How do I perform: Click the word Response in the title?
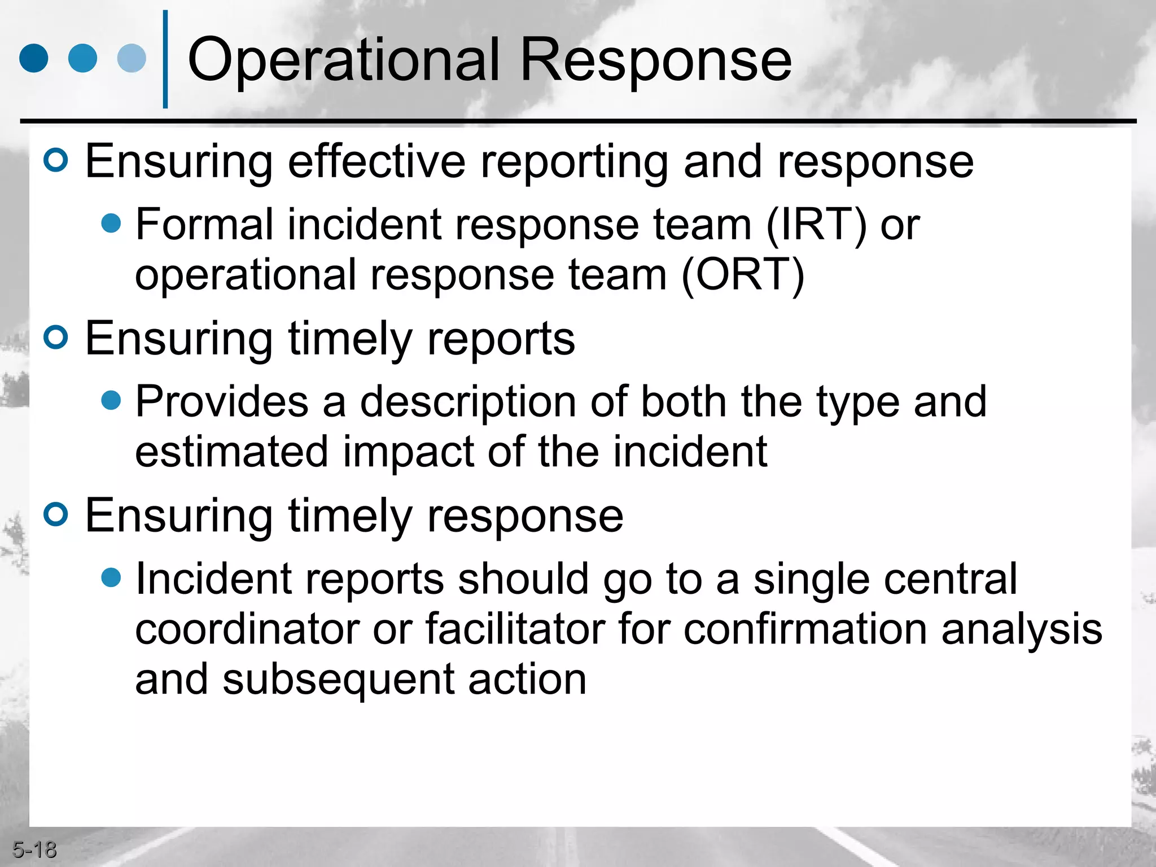[655, 59]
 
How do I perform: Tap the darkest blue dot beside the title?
[34, 58]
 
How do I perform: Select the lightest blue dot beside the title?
[132, 58]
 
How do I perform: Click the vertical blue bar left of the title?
[165, 59]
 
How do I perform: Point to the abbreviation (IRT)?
[816, 225]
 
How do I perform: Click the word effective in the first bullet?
[376, 162]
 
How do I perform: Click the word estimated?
[231, 452]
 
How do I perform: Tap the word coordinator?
[247, 629]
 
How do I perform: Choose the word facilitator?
[515, 629]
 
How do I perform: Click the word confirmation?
[805, 629]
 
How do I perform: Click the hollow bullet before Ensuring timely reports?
[56, 338]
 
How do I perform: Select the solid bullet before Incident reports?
[111, 577]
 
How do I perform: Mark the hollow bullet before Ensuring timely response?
[56, 514]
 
